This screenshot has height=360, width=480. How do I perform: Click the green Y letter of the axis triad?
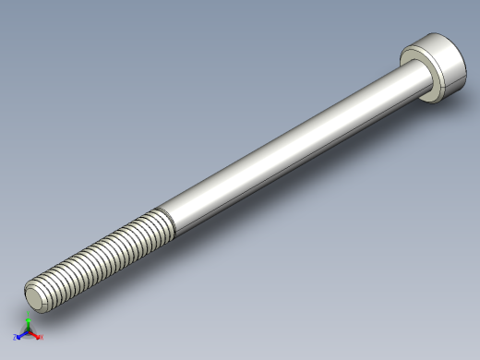click(29, 317)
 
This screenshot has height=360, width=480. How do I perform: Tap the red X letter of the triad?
click(41, 338)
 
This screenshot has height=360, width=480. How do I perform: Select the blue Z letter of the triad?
click(15, 338)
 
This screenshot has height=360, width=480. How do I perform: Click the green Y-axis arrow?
click(28, 325)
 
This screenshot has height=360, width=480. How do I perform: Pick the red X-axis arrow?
click(34, 335)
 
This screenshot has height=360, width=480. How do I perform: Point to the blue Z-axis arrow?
click(21, 335)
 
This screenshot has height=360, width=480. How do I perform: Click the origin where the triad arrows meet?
click(28, 332)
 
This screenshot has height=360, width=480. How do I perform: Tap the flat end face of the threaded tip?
click(34, 296)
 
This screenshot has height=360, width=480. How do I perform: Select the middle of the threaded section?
click(102, 254)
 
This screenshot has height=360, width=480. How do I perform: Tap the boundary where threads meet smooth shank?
click(167, 221)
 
